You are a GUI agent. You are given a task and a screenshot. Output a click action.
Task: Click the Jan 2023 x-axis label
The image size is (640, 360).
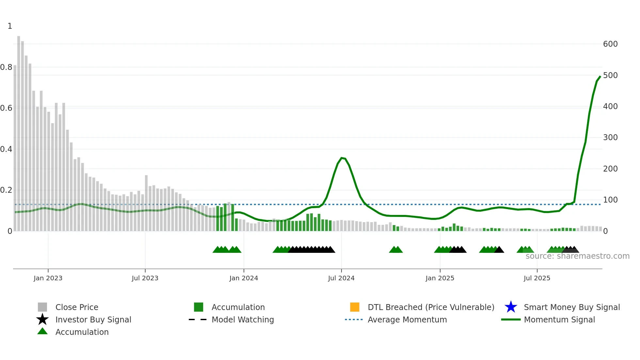point(48,278)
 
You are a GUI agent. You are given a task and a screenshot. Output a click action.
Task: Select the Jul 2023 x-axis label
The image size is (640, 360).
point(145,278)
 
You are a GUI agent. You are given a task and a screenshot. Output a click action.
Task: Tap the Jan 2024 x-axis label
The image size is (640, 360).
point(244,278)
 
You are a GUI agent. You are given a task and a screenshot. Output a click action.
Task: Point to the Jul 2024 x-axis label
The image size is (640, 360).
point(341,278)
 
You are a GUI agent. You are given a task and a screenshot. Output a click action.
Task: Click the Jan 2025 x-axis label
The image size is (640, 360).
point(440,278)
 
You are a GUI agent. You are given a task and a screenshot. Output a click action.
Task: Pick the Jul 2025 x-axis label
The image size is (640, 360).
point(537,278)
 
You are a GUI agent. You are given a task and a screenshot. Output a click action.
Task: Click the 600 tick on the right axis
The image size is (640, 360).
point(610,44)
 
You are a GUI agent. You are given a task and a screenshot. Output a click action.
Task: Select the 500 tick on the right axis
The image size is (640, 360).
point(610,75)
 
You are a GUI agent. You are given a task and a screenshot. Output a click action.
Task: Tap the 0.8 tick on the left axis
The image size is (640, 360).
point(6,67)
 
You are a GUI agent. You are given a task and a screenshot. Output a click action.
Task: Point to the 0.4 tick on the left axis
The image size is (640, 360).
point(6,149)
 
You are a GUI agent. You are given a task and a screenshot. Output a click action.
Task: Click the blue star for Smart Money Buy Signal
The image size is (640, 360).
point(511,307)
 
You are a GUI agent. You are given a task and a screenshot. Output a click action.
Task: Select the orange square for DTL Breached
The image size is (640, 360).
point(355,307)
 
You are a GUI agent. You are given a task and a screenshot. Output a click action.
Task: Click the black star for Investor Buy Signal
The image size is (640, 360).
point(42,319)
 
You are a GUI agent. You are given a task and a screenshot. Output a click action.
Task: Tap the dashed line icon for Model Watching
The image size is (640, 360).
point(198,319)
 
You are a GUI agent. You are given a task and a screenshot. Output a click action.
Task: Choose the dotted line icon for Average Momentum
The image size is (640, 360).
point(354,319)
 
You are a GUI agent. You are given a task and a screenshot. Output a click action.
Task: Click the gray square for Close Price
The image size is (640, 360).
point(42,307)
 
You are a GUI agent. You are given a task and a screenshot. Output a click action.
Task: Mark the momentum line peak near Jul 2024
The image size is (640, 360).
point(342,158)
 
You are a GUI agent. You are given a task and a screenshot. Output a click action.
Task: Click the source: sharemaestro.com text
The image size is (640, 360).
point(577,256)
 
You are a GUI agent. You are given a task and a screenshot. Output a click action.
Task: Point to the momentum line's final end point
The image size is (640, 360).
point(600,76)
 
